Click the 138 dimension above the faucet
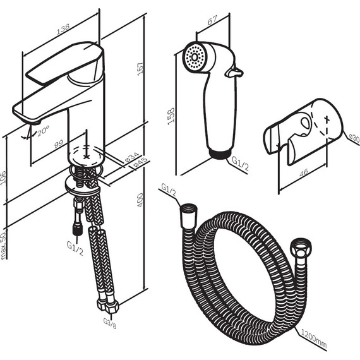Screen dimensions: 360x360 pos(63,28)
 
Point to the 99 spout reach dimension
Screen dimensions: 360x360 pos(59,144)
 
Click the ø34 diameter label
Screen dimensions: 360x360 pos(132,157)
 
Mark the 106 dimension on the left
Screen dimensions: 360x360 pos(3,177)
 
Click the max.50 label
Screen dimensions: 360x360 pos(3,246)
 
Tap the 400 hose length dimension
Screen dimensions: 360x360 pos(140,200)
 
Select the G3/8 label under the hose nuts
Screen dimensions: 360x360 pos(110,323)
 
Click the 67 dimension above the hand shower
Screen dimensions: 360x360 pos(212,20)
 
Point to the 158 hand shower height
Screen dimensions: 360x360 pos(171,116)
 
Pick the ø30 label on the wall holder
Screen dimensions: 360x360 pos(354,138)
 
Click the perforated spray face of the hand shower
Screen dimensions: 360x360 pos(195,57)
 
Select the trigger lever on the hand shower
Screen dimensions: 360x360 pos(234,73)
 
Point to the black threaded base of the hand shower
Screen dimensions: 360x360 pos(220,154)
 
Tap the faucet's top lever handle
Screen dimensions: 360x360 pos(64,63)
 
